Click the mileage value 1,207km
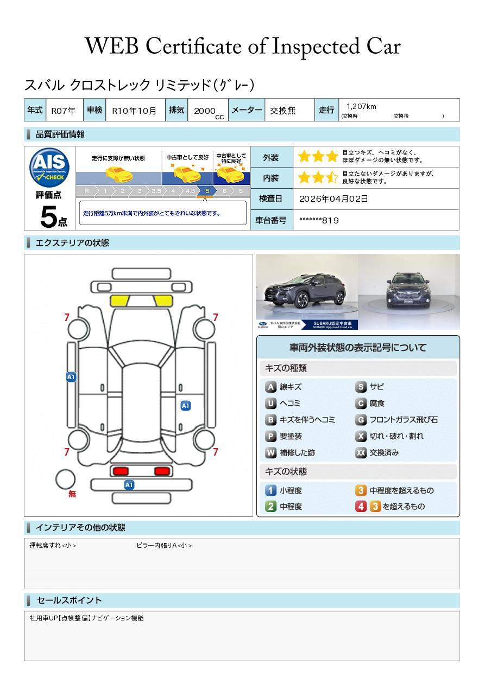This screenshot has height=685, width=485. (361, 107)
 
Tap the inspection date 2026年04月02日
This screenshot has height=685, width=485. (333, 199)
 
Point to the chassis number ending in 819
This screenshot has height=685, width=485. (319, 220)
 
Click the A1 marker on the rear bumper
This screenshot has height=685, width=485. (129, 485)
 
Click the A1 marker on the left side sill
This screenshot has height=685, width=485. (71, 377)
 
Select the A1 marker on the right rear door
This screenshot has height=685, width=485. (185, 406)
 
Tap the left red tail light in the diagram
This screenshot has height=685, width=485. (120, 471)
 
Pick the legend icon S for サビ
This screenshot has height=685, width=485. (361, 387)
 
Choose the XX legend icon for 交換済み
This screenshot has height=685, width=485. (361, 453)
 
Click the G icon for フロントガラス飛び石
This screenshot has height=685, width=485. (361, 420)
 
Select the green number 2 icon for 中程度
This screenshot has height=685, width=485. (270, 507)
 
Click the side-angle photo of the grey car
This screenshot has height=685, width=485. (307, 291)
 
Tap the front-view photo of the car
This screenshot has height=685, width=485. (409, 291)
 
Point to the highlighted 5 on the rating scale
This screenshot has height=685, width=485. (207, 191)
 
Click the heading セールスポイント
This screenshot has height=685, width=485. (69, 600)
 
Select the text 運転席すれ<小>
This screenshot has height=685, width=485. (53, 546)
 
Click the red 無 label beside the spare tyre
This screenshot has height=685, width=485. (72, 494)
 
